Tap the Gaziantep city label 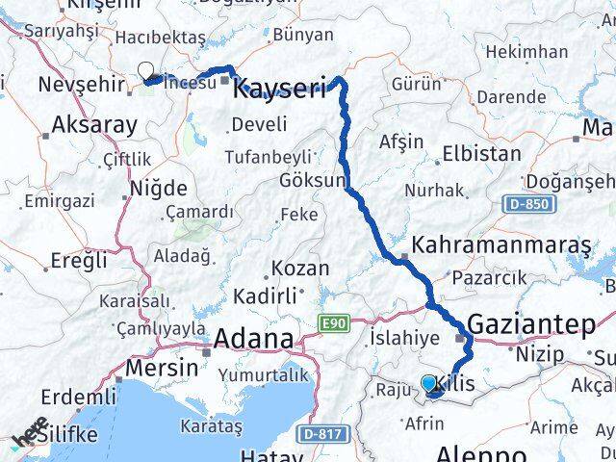pyautogui.click(x=532, y=325)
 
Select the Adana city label pyautogui.click(x=253, y=339)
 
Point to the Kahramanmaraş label pyautogui.click(x=501, y=244)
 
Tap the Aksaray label pyautogui.click(x=93, y=124)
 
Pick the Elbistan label pyautogui.click(x=481, y=153)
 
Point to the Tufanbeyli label pyautogui.click(x=269, y=156)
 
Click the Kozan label pyautogui.click(x=299, y=269)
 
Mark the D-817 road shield pyautogui.click(x=324, y=434)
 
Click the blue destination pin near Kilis pyautogui.click(x=429, y=383)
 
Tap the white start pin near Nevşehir pyautogui.click(x=146, y=69)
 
